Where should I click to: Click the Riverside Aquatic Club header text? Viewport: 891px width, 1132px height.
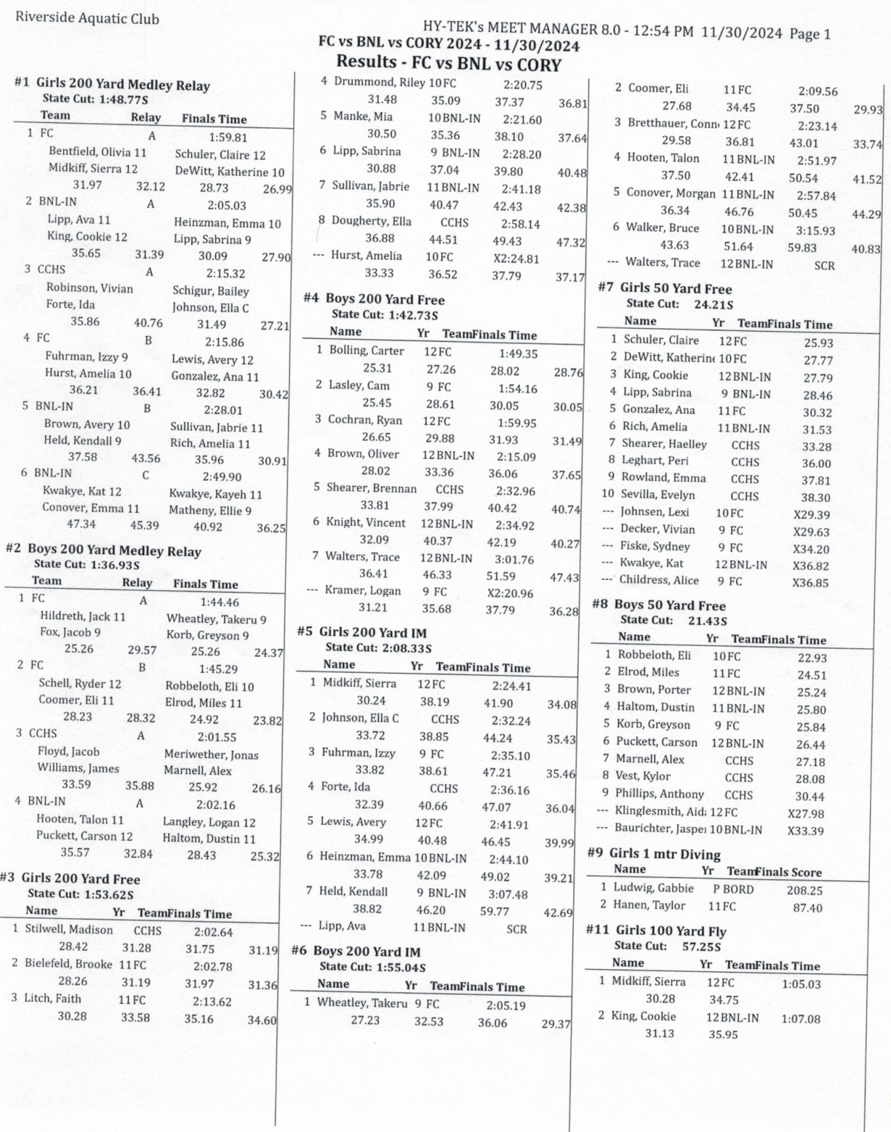pos(87,19)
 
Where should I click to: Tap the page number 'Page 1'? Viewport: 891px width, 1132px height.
pos(809,33)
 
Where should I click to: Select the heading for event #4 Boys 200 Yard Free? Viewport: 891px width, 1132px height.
pos(385,299)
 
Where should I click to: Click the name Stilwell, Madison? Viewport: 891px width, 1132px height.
pos(69,930)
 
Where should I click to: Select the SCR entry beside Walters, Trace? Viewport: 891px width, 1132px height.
pos(824,266)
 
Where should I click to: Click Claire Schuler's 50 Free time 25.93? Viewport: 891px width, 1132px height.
pos(818,343)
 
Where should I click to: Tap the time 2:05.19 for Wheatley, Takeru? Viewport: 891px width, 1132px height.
pos(506,1005)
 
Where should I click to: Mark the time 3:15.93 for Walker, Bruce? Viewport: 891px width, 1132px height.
pos(816,230)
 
